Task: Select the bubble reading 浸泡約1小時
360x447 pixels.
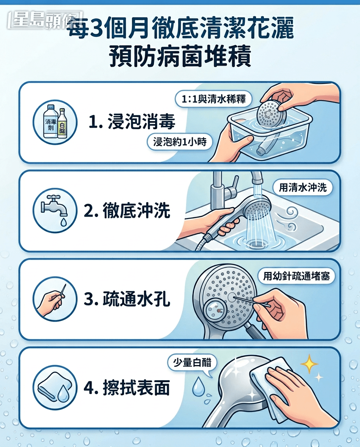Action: point(180,142)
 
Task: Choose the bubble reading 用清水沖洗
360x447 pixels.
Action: point(303,188)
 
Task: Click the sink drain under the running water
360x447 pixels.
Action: point(257,243)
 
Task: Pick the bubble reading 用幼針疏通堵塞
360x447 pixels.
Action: point(296,276)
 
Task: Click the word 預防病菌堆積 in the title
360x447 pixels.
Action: point(180,57)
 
